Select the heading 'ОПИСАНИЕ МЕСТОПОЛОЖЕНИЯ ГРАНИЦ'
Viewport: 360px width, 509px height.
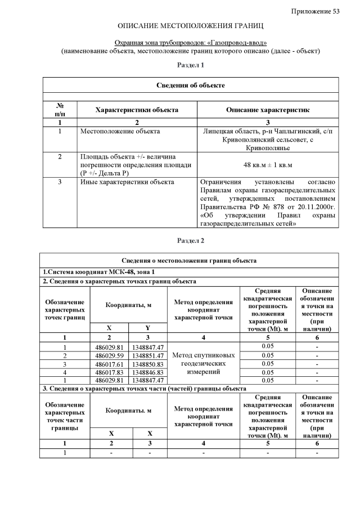click(190, 26)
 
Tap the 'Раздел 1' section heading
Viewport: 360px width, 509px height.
click(190, 65)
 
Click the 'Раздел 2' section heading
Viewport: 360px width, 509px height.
click(190, 241)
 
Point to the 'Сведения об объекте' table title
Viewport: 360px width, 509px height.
click(190, 85)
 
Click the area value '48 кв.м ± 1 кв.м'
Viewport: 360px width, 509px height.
click(267, 165)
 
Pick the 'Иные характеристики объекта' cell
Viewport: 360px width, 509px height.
click(127, 182)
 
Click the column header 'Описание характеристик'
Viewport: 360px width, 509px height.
click(267, 110)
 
